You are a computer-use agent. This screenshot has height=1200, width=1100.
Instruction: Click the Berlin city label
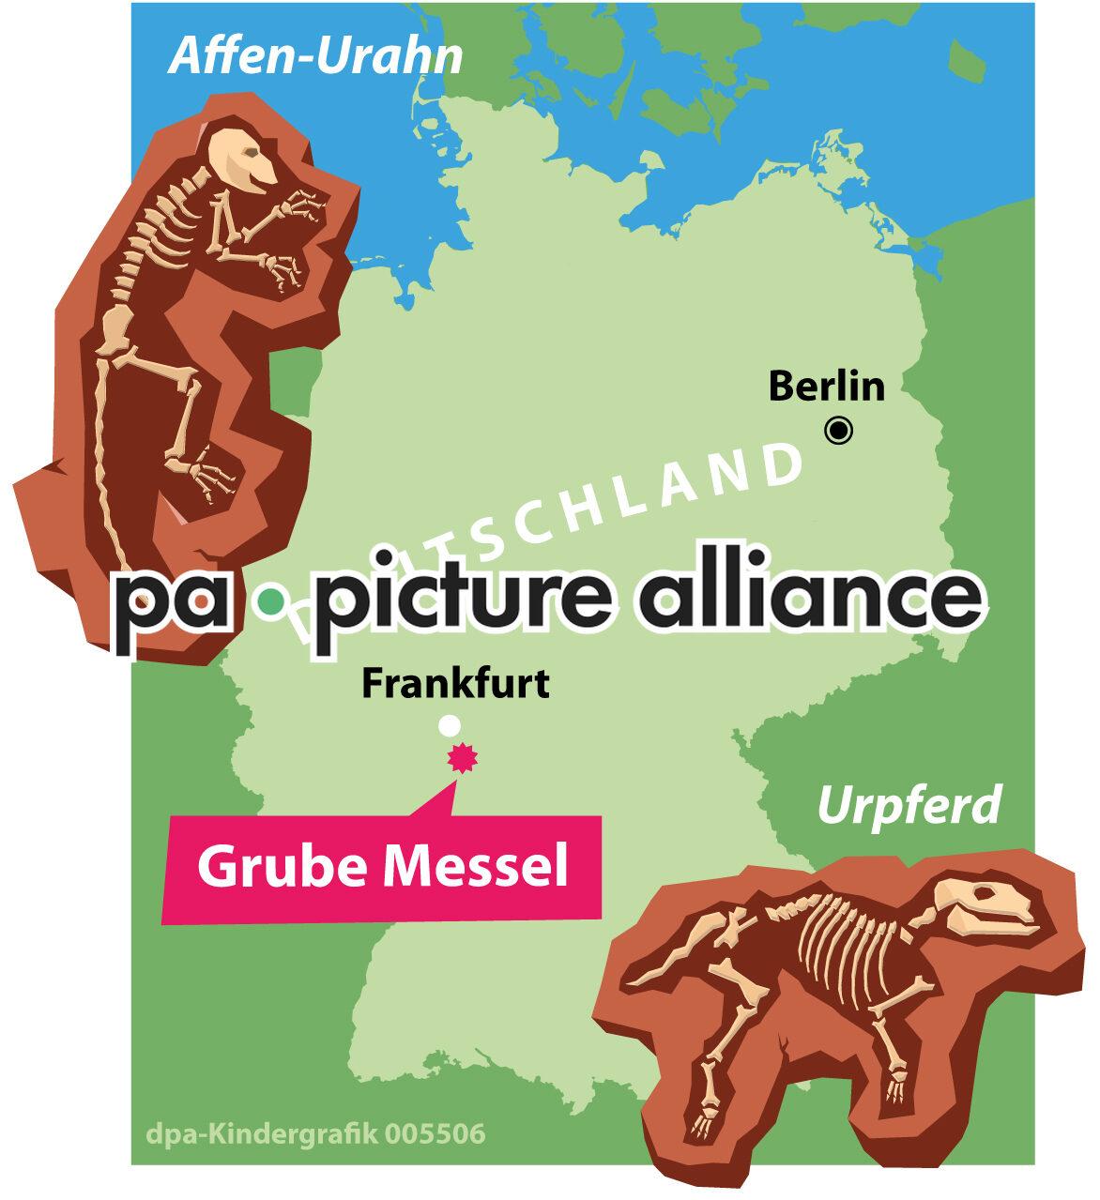click(826, 387)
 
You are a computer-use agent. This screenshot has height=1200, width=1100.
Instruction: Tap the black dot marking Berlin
click(838, 431)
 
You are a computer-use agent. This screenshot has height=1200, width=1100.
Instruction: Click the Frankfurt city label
click(455, 683)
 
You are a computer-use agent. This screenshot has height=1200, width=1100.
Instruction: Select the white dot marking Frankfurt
click(450, 725)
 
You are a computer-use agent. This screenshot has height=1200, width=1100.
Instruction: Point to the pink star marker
click(462, 757)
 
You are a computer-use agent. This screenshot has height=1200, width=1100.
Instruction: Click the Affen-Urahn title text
click(316, 57)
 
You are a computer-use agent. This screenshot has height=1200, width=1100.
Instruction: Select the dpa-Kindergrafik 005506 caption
click(315, 1133)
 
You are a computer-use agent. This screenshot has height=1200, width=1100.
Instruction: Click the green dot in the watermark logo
click(271, 601)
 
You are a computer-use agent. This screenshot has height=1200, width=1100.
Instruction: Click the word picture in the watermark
click(466, 600)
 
